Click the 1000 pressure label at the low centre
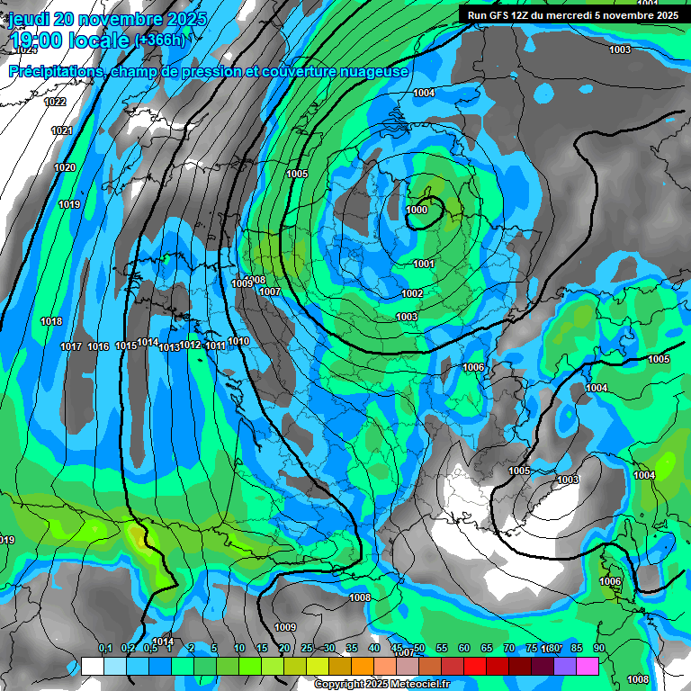417,210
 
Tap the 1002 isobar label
412,294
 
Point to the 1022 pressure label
55,102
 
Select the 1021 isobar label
61,131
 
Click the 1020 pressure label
65,168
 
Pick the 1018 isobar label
51,321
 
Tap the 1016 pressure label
98,347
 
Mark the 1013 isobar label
169,347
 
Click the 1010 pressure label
238,341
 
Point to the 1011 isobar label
215,346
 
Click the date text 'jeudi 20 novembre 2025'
107,19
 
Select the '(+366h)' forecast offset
160,40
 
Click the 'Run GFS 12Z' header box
568,14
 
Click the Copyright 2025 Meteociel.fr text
382,685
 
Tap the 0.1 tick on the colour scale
105,649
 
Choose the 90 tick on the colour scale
598,649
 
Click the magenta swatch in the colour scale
588,666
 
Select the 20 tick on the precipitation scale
284,649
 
